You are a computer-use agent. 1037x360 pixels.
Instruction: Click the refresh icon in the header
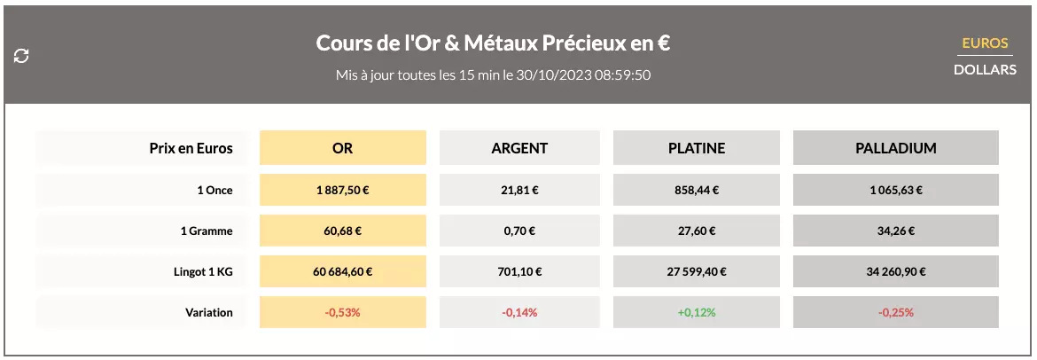coord(22,56)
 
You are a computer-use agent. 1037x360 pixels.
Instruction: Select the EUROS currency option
coord(985,43)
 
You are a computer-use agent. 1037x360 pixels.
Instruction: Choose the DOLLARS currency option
coord(985,68)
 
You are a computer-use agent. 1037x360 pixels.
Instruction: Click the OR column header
coord(342,148)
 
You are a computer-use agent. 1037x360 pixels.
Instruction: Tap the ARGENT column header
coord(519,148)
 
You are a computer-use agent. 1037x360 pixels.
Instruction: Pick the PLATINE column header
coord(696,148)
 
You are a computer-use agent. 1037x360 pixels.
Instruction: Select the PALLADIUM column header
coord(895,148)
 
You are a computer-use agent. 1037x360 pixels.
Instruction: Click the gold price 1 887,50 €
coord(342,190)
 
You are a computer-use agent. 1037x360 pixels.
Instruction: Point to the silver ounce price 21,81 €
coord(519,190)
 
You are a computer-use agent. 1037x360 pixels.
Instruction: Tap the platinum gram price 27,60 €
coord(696,231)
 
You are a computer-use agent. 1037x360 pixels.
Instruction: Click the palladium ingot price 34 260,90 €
coord(895,271)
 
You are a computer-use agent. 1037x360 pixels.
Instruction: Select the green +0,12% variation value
coord(696,312)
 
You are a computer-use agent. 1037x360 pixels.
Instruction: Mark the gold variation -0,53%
coord(342,312)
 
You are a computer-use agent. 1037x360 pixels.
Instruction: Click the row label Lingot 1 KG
coord(203,271)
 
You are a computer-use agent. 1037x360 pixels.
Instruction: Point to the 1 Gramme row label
coord(206,231)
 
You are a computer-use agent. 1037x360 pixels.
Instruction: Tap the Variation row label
coord(209,312)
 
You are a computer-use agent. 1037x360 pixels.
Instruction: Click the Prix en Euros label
coord(191,148)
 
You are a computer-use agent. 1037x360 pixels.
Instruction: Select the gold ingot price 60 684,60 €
coord(342,271)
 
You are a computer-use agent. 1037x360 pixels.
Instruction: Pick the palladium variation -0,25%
coord(895,312)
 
